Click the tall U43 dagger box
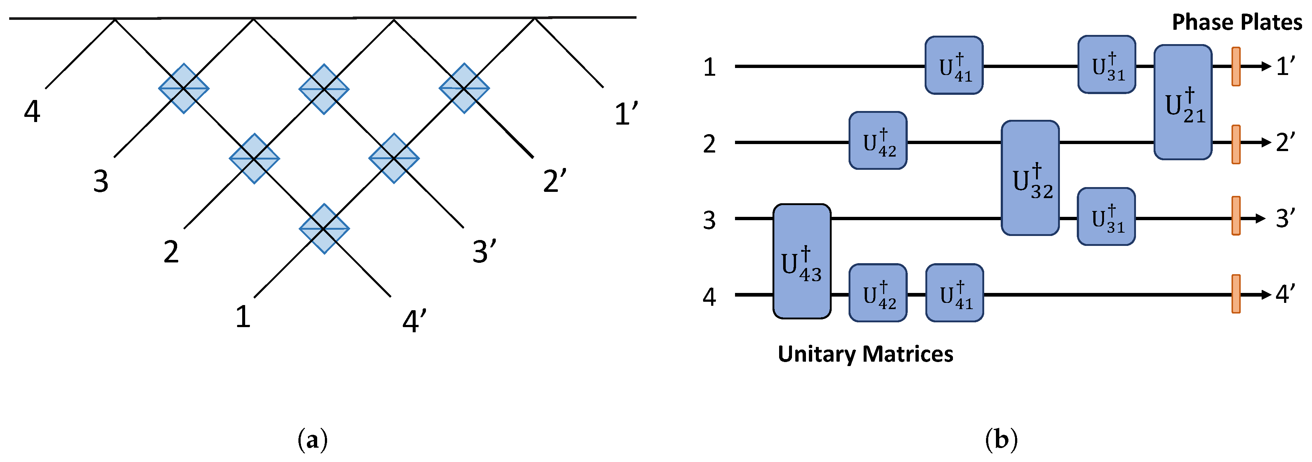(802, 261)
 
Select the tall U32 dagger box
(1030, 178)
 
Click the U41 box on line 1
(953, 65)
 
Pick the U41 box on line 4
(954, 293)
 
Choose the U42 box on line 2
(878, 141)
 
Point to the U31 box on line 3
(1106, 216)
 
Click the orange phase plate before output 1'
(1236, 66)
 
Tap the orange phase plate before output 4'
(1236, 294)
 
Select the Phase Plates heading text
(1237, 22)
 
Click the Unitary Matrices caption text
(865, 354)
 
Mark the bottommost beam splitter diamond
(324, 229)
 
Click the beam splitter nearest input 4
(183, 88)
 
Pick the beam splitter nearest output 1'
(464, 88)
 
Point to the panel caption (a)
(312, 440)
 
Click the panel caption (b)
(1001, 440)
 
